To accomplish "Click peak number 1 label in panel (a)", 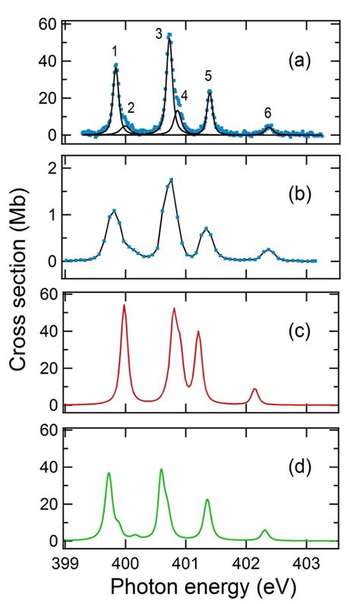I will [x=114, y=52].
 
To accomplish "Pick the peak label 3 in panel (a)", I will [x=159, y=33].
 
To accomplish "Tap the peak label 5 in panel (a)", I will [x=208, y=75].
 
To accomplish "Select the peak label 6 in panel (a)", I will [x=268, y=112].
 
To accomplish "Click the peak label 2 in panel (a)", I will [x=131, y=107].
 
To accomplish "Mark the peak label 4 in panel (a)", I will [x=184, y=96].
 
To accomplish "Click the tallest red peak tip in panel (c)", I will [x=124, y=305].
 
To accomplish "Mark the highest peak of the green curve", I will [x=161, y=470].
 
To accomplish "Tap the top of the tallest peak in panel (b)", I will [x=172, y=179].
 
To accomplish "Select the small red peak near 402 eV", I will [x=255, y=389].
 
